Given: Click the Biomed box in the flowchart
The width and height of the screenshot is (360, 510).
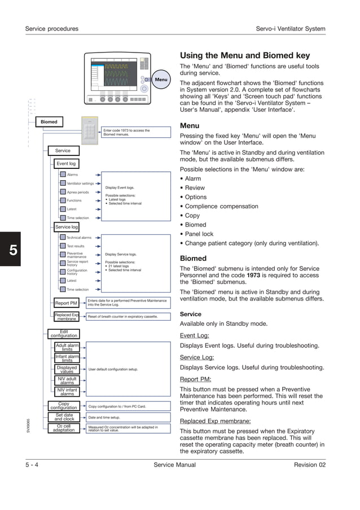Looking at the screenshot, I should click(49, 122).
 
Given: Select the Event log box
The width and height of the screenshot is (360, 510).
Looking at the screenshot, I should click(66, 164).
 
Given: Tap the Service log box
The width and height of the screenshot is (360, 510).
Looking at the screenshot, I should click(67, 227).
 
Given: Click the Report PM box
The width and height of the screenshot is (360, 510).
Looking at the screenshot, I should click(66, 303).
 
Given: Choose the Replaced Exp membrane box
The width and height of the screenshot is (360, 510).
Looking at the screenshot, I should click(67, 317).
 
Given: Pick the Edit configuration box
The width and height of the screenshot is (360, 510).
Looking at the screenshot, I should click(64, 334).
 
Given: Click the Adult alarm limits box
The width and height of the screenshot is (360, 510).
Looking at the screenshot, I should click(67, 347).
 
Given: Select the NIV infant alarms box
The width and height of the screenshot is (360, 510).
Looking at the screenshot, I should click(67, 392).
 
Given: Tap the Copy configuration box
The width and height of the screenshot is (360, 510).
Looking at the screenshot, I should click(64, 406).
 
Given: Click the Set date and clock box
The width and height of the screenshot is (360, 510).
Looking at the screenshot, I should click(64, 417).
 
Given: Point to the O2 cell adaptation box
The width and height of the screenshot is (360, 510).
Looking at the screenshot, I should click(64, 428).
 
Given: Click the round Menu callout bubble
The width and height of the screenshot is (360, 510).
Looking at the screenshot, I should click(161, 80).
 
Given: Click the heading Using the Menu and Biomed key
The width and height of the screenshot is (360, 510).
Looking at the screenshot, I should click(244, 55).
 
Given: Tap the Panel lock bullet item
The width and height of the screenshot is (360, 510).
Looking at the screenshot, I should click(199, 234).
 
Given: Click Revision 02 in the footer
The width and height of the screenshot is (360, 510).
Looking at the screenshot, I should click(309, 465).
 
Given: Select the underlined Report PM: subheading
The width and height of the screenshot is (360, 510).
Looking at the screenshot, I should click(195, 380).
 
